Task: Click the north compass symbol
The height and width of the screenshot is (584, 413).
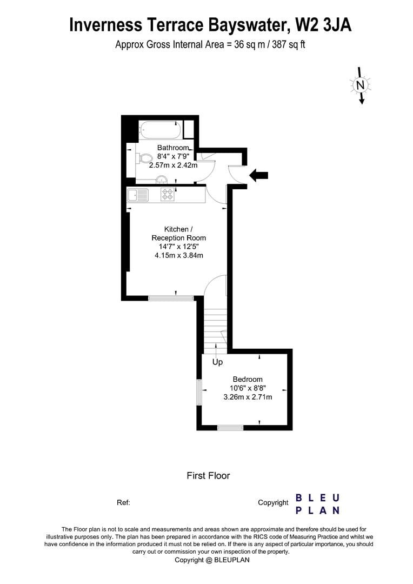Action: point(361,85)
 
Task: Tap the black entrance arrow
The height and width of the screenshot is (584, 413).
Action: point(259,175)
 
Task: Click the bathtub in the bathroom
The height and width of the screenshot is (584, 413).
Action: point(159,130)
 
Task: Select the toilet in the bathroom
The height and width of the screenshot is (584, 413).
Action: point(144,158)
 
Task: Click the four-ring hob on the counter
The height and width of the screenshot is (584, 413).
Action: point(168,195)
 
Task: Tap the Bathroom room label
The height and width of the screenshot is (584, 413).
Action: point(173,148)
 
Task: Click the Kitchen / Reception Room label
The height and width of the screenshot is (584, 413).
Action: point(178,234)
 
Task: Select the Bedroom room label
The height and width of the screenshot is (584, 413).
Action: point(248,379)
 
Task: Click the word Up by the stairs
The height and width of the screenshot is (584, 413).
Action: point(217,362)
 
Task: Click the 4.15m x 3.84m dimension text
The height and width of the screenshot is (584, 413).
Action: point(178,256)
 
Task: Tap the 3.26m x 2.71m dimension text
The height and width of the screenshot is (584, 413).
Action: point(248,397)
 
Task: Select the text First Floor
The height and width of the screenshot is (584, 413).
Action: point(208,476)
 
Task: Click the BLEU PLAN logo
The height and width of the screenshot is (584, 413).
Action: point(318,503)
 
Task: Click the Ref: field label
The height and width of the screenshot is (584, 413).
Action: point(123,502)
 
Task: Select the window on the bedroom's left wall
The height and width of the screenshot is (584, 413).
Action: point(199,391)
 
